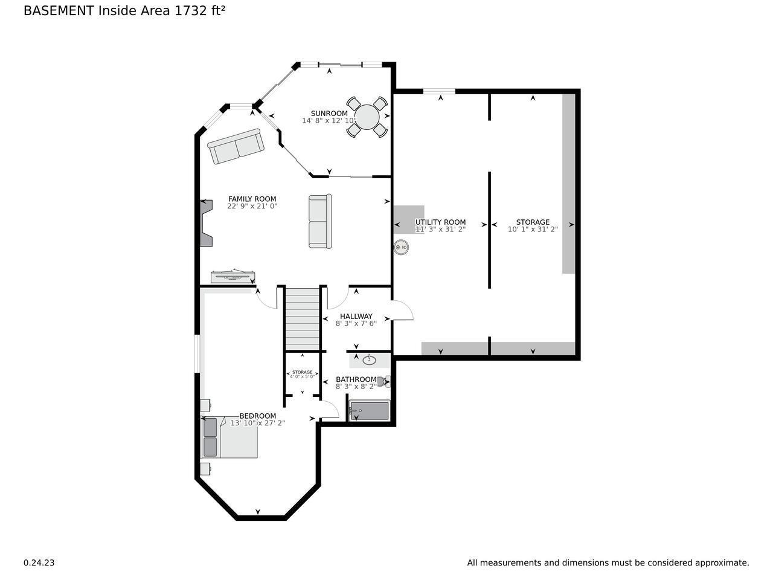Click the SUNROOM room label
(329, 114)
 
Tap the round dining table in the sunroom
(367, 116)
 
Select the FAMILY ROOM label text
(252, 199)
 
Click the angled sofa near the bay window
(236, 146)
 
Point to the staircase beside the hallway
(302, 318)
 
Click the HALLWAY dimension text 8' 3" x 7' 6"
(356, 323)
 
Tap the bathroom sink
(368, 361)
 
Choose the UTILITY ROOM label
(440, 222)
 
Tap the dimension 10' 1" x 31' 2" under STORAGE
(533, 229)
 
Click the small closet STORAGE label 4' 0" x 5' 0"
(302, 374)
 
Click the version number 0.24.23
(39, 562)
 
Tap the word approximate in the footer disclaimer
(721, 562)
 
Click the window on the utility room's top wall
(439, 91)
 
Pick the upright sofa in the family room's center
(320, 221)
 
